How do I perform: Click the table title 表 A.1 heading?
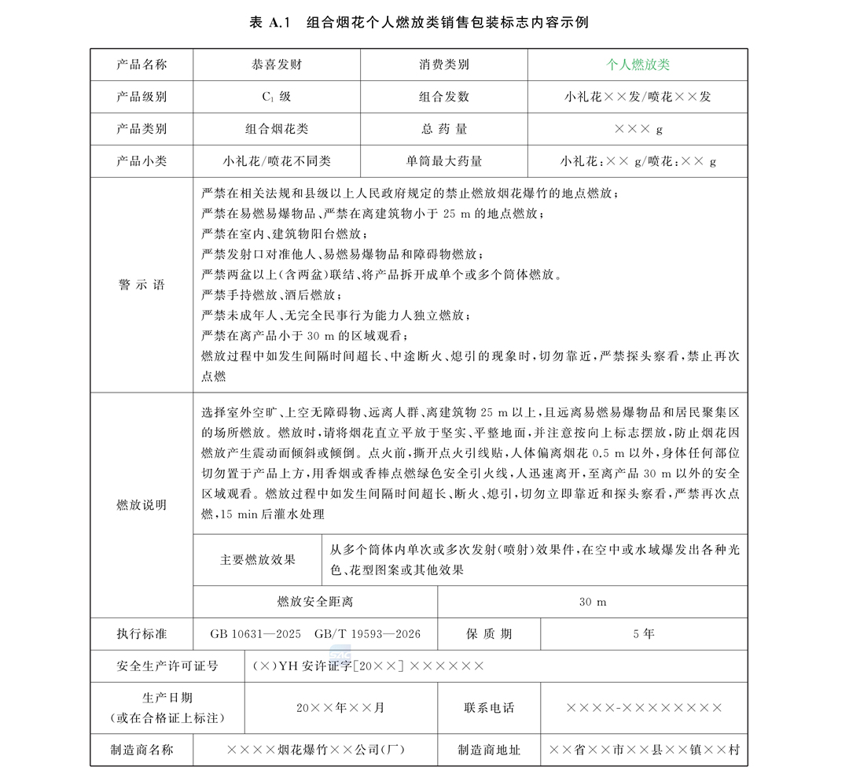(418, 23)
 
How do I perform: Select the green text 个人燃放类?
(638, 65)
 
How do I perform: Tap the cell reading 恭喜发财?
(276, 65)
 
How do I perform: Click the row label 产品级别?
(141, 97)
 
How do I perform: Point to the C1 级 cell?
(276, 97)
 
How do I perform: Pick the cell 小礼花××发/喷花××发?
(638, 97)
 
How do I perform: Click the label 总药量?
(444, 129)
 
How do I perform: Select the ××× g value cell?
(638, 129)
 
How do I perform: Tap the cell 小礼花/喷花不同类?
(276, 161)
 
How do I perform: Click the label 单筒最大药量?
(444, 161)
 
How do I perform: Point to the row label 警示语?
(141, 285)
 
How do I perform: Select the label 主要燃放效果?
(258, 560)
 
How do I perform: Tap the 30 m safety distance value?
(593, 602)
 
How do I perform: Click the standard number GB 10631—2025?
(255, 634)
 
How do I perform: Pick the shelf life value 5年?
(643, 634)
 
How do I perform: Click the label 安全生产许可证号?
(167, 666)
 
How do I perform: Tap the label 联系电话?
(489, 707)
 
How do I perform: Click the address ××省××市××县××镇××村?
(644, 750)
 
